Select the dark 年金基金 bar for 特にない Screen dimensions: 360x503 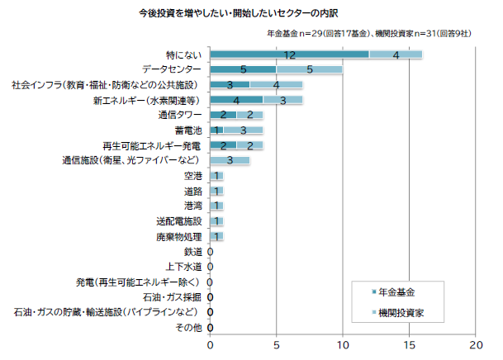click(290, 54)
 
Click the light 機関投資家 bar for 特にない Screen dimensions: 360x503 click(396, 54)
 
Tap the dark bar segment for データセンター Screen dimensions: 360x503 click(244, 69)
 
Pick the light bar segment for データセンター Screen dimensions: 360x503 click(310, 69)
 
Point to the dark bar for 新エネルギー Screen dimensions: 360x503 click(237, 100)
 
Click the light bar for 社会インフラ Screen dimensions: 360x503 click(277, 85)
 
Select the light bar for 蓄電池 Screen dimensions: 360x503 click(244, 130)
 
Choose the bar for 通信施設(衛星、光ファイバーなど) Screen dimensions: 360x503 click(230, 160)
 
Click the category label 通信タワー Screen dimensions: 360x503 click(181, 115)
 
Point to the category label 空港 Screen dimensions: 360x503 click(192, 176)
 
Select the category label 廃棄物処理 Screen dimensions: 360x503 click(178, 236)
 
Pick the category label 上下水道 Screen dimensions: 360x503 click(183, 267)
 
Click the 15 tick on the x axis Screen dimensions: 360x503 click(409, 344)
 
